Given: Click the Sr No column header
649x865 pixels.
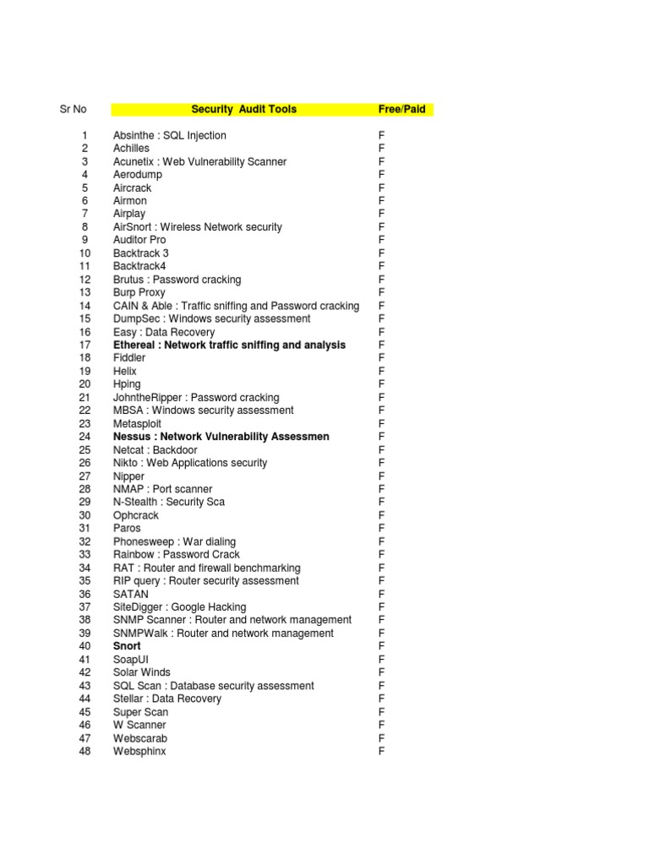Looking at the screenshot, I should pyautogui.click(x=72, y=109).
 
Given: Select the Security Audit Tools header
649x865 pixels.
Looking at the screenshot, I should pyautogui.click(x=243, y=109).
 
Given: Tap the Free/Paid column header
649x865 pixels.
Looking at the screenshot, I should pyautogui.click(x=401, y=109).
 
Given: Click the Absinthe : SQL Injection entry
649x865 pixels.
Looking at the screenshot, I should pyautogui.click(x=169, y=135).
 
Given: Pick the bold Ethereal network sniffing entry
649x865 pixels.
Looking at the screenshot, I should pyautogui.click(x=229, y=345).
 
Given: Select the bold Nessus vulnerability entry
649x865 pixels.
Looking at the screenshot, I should pyautogui.click(x=221, y=437).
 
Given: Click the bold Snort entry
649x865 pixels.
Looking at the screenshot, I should pyautogui.click(x=127, y=646).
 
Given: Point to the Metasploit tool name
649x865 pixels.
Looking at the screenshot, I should pyautogui.click(x=137, y=423).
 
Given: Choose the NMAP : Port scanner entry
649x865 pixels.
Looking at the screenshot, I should pyautogui.click(x=162, y=489).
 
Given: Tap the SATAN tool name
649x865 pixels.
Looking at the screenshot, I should pyautogui.click(x=130, y=594).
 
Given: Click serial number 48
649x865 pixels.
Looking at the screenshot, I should pyautogui.click(x=85, y=751).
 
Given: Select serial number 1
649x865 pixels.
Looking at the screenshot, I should pyautogui.click(x=85, y=135).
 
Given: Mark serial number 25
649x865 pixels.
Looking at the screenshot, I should pyautogui.click(x=85, y=450).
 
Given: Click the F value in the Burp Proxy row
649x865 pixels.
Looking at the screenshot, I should pyautogui.click(x=382, y=292).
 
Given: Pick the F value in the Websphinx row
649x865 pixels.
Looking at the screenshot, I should pyautogui.click(x=382, y=751).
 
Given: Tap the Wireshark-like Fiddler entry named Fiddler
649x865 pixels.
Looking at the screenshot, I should pyautogui.click(x=129, y=358).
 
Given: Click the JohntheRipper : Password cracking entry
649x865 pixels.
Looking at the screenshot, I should pyautogui.click(x=196, y=397).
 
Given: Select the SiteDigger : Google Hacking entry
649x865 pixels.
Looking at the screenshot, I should pyautogui.click(x=179, y=607).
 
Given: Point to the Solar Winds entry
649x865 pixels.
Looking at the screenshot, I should pyautogui.click(x=141, y=672).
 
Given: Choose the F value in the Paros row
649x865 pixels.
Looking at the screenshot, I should pyautogui.click(x=382, y=528).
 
